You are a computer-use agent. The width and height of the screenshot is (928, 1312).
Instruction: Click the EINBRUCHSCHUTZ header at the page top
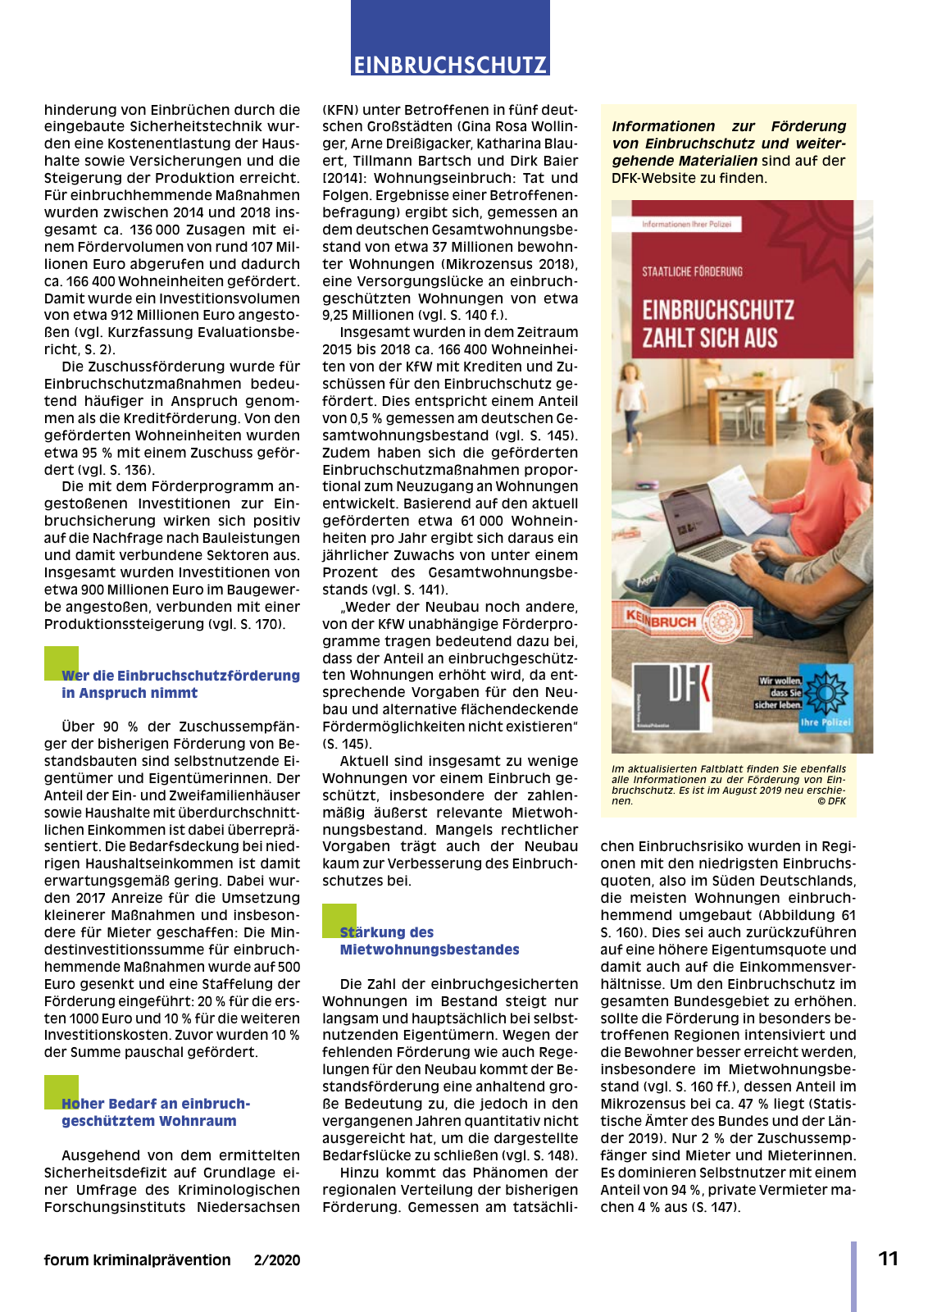point(450,65)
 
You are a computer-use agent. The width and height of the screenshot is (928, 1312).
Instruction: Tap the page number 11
point(889,1259)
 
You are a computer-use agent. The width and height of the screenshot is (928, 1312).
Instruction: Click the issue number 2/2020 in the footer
point(277,1260)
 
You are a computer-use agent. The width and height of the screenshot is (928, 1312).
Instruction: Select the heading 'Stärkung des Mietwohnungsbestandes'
point(429,941)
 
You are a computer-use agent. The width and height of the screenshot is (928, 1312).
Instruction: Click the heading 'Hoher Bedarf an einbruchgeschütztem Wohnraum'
point(155,1112)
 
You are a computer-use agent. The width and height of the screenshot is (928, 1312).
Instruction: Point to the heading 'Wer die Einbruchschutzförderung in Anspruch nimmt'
point(180,684)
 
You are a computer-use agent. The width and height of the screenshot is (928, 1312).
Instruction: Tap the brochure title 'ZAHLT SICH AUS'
point(710,338)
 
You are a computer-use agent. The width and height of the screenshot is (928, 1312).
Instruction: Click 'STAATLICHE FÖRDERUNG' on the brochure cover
point(692,271)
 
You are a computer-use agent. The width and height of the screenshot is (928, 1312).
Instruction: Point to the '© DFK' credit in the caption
point(831,801)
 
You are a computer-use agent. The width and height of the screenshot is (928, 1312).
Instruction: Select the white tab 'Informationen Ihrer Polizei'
point(687,224)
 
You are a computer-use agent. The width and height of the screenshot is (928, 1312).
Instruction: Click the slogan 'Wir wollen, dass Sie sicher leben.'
point(779,693)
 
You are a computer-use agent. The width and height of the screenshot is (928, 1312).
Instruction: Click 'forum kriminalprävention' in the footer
point(137,1260)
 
